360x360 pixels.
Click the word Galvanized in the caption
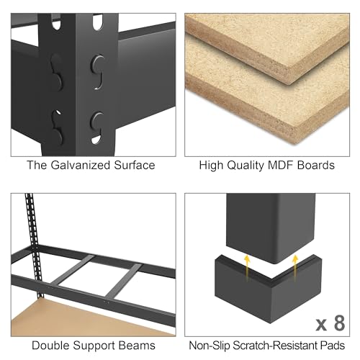click(x=81, y=166)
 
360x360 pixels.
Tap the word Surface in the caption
click(x=135, y=166)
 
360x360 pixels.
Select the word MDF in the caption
click(x=280, y=166)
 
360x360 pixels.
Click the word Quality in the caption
click(x=246, y=166)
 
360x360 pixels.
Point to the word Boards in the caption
click(x=315, y=166)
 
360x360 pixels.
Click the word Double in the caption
click(x=50, y=346)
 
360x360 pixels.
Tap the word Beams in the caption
click(x=137, y=346)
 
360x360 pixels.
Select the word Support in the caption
click(x=94, y=346)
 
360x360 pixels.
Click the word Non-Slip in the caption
click(x=210, y=346)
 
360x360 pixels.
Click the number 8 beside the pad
click(x=339, y=323)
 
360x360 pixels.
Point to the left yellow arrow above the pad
click(x=247, y=268)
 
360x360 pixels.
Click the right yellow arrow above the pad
click(x=295, y=268)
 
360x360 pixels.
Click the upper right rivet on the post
click(x=97, y=64)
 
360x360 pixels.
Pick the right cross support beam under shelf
click(x=123, y=281)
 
